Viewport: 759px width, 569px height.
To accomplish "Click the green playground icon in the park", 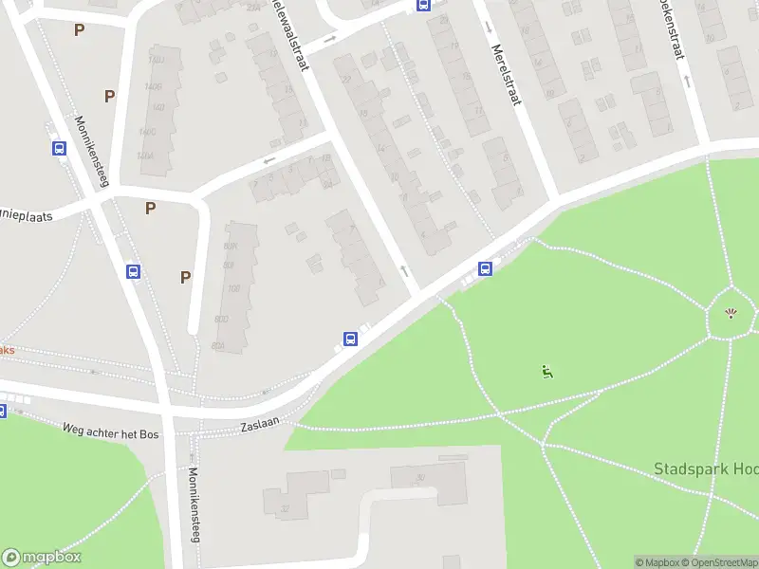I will [x=546, y=371].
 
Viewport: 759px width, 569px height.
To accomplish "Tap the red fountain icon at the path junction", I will [x=731, y=314].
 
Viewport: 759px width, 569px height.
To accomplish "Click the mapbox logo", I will [x=42, y=557].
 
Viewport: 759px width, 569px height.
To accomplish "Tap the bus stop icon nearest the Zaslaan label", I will [x=350, y=339].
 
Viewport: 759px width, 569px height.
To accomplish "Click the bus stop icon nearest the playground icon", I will [x=485, y=268].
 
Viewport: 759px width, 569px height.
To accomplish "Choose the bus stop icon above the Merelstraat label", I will [x=423, y=5].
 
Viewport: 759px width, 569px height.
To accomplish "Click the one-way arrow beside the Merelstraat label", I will [x=489, y=26].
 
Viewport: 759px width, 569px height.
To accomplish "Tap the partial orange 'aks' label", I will [x=7, y=350].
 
